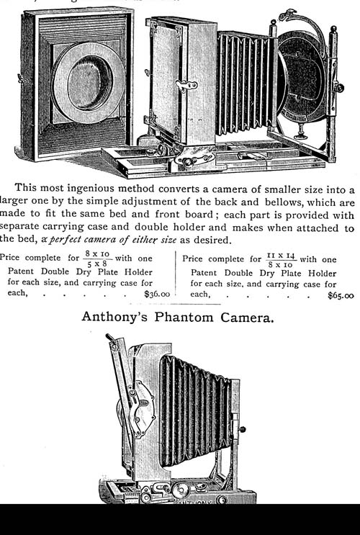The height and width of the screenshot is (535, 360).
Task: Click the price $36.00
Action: (157, 294)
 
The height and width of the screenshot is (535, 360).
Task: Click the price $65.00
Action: (341, 295)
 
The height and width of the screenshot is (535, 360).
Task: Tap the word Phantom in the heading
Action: (184, 318)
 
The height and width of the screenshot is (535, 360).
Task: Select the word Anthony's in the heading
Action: (114, 317)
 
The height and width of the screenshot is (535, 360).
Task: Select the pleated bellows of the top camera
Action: (246, 83)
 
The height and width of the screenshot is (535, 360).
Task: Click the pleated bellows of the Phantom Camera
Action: (194, 410)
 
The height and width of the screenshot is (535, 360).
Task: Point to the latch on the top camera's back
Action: (186, 85)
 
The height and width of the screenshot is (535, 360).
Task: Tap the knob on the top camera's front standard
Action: (338, 88)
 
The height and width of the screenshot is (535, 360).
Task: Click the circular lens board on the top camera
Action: (302, 77)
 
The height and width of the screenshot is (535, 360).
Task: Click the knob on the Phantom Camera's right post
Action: (242, 430)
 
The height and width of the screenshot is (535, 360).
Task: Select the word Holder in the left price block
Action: (138, 272)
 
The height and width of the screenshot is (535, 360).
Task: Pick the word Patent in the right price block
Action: (204, 273)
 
